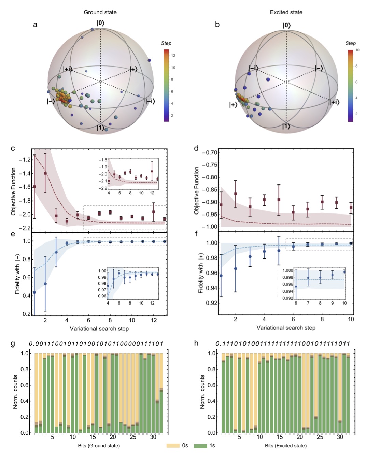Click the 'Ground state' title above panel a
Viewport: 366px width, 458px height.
pyautogui.click(x=100, y=12)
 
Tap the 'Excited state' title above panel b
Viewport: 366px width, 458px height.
pyautogui.click(x=286, y=12)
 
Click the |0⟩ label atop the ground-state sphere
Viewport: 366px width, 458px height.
pyautogui.click(x=100, y=23)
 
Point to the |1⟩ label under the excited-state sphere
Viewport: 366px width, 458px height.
pyautogui.click(x=286, y=127)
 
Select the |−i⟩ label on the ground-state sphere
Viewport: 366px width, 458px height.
pyautogui.click(x=150, y=101)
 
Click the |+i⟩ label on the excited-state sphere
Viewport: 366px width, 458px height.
pyautogui.click(x=334, y=102)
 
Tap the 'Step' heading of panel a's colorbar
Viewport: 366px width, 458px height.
pyautogui.click(x=166, y=43)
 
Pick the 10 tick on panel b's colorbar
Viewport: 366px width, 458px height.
pyautogui.click(x=357, y=50)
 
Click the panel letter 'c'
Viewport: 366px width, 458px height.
pyautogui.click(x=13, y=148)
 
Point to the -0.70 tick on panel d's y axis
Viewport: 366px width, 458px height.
pyautogui.click(x=210, y=152)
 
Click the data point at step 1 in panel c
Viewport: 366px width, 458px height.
pyautogui.click(x=34, y=187)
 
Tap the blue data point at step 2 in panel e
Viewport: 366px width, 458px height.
pyautogui.click(x=45, y=284)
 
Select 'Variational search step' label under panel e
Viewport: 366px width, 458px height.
pyautogui.click(x=99, y=329)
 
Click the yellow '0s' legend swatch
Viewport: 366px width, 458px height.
pyautogui.click(x=173, y=446)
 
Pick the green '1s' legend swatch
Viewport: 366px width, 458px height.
pyautogui.click(x=200, y=446)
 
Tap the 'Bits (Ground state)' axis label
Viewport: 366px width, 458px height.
pyautogui.click(x=99, y=446)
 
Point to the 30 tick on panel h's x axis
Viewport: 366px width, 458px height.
pyautogui.click(x=340, y=437)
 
